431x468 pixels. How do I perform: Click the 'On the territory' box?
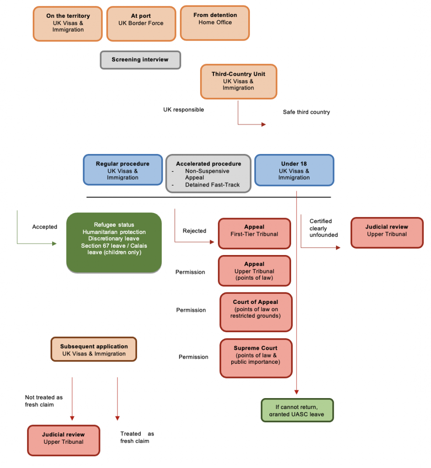tap(68, 23)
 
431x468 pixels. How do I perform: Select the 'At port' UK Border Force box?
tap(141, 23)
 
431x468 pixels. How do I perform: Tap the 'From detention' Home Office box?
tap(215, 22)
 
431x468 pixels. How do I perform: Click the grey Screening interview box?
tap(140, 60)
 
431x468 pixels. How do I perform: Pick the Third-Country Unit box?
tap(238, 81)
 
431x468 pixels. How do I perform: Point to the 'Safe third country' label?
tap(306, 112)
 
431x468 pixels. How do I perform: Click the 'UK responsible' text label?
tap(183, 110)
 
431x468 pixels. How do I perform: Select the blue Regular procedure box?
tap(122, 170)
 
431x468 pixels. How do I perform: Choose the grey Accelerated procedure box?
tap(208, 174)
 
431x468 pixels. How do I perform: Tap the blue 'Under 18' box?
tap(294, 170)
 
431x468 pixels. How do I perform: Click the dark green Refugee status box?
tap(114, 243)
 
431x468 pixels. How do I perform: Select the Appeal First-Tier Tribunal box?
tap(254, 234)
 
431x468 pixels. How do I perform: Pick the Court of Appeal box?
tap(255, 312)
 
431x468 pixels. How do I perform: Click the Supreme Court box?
tap(255, 358)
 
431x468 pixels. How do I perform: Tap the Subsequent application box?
tap(94, 350)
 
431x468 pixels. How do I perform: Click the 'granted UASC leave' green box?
tap(297, 410)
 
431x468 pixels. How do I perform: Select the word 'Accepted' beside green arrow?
tap(45, 227)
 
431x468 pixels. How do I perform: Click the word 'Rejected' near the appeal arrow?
tap(194, 231)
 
